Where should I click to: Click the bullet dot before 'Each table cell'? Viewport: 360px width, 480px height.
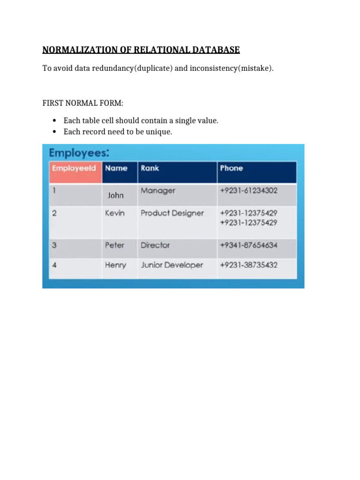click(55, 120)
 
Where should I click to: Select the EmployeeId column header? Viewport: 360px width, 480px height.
click(74, 168)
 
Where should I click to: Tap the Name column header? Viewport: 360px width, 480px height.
click(116, 168)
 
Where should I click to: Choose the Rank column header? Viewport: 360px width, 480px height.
click(150, 168)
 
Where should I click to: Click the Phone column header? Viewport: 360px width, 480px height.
click(231, 168)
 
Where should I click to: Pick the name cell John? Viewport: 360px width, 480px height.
click(115, 195)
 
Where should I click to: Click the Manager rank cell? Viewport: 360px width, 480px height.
click(158, 191)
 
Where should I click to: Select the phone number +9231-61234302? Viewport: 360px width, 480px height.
click(248, 191)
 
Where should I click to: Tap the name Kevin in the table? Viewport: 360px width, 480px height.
click(115, 213)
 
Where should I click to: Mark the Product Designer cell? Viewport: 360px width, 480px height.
click(172, 213)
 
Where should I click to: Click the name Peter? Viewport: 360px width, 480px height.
click(114, 245)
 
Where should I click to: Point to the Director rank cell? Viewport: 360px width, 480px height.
click(155, 245)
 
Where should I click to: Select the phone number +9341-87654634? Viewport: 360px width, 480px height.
click(248, 245)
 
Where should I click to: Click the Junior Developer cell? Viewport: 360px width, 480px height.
click(172, 265)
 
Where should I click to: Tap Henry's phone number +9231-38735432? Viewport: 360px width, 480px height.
click(248, 265)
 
